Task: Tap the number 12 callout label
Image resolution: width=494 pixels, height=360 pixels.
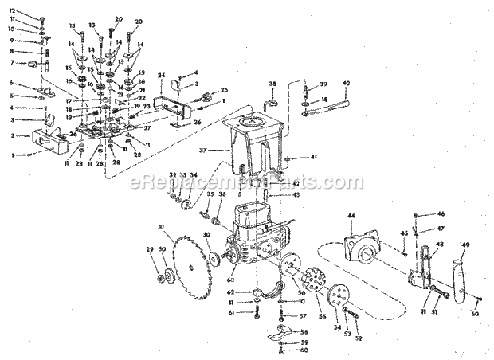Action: pyautogui.click(x=12, y=10)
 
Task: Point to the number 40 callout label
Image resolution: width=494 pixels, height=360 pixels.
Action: pyautogui.click(x=346, y=83)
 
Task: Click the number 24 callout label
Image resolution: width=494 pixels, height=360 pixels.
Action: pyautogui.click(x=161, y=76)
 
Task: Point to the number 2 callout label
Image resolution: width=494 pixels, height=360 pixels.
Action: pyautogui.click(x=12, y=136)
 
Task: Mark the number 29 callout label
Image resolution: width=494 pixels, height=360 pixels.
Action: pyautogui.click(x=147, y=249)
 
